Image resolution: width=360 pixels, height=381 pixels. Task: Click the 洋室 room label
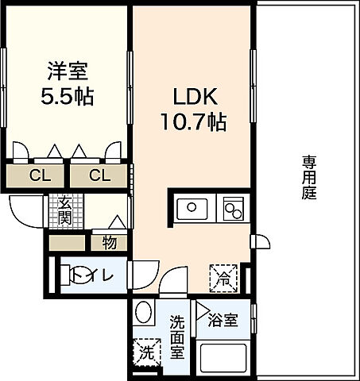coord(68,71)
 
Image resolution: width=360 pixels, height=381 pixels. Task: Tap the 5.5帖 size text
coord(68,96)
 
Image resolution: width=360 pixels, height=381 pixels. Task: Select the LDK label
coord(195,97)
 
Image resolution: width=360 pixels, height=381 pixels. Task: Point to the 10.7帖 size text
coord(194,122)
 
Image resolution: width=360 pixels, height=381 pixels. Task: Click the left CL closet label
coord(40,175)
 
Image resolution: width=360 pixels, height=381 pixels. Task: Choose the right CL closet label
coord(99,175)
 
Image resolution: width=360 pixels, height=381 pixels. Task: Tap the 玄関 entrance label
coord(65,210)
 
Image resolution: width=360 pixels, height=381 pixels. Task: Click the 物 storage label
coord(110,243)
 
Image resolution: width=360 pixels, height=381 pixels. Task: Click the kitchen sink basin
coord(192,209)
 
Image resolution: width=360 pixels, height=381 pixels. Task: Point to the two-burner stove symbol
coord(233,209)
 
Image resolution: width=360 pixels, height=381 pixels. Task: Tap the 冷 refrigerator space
coord(223,278)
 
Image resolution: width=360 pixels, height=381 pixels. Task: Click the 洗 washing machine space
coord(147,352)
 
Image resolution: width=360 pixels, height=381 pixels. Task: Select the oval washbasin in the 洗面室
coord(143,311)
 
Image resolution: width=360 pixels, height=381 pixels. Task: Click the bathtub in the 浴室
coord(223,358)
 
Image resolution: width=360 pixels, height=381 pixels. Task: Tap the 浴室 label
coord(223,320)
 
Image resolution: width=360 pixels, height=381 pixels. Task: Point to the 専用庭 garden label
coord(309,178)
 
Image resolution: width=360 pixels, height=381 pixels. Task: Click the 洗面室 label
coord(177,337)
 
